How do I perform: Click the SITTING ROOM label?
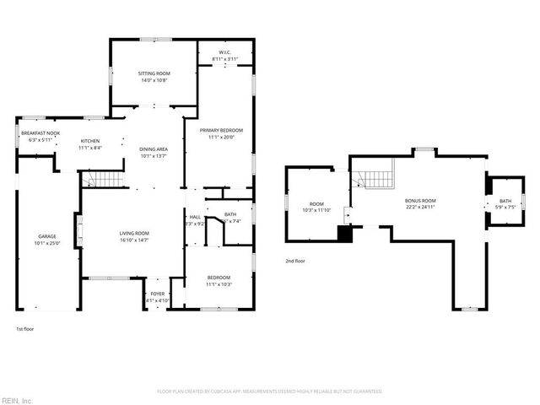(x=154, y=74)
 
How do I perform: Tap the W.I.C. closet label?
(x=224, y=52)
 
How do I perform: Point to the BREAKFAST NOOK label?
(x=40, y=133)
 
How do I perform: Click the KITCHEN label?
(x=90, y=141)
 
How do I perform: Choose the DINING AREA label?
(x=154, y=149)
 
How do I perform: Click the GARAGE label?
(x=46, y=236)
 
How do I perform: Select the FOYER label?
(x=158, y=294)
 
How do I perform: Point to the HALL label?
(x=195, y=217)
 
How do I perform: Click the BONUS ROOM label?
(x=419, y=200)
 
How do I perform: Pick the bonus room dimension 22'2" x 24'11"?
(x=419, y=207)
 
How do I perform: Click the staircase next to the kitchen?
(x=101, y=179)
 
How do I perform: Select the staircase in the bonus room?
(x=374, y=179)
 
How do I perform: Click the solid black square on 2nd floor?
(x=344, y=234)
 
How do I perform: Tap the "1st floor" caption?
(x=25, y=328)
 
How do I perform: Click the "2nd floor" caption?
(x=295, y=261)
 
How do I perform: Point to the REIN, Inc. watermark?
(x=17, y=400)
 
